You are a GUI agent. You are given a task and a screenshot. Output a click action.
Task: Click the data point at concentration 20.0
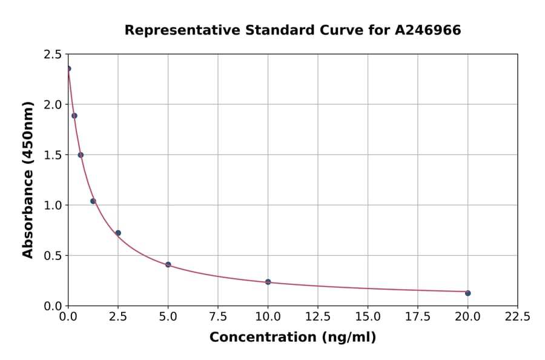(467, 293)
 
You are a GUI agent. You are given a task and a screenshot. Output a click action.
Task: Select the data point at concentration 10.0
(268, 282)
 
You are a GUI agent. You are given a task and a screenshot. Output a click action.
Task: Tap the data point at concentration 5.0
(168, 265)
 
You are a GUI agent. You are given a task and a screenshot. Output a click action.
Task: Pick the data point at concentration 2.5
(118, 233)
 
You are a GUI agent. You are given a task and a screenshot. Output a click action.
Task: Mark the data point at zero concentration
(68, 68)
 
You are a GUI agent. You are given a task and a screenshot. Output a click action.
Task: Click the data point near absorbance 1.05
(93, 201)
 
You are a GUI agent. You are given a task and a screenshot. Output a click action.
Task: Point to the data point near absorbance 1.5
(81, 155)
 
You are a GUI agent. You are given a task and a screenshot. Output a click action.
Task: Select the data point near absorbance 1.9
(74, 116)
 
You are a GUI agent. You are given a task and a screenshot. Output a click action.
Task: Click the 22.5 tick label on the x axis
(517, 316)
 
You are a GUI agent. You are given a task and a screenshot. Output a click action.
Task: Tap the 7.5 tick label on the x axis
(218, 316)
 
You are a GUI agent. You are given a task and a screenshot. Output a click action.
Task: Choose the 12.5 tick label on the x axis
(318, 316)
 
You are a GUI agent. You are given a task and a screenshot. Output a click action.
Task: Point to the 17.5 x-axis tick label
(417, 316)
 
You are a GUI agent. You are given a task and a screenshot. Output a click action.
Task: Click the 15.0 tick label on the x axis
(368, 316)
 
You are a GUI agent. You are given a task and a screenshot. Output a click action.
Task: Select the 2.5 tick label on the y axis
(53, 55)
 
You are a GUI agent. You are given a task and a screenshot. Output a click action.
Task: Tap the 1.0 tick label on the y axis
(53, 205)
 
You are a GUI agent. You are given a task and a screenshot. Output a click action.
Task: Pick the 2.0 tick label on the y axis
(53, 105)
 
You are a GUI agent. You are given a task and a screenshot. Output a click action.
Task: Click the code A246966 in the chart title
(428, 30)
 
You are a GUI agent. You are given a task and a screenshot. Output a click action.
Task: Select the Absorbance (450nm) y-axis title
(28, 179)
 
